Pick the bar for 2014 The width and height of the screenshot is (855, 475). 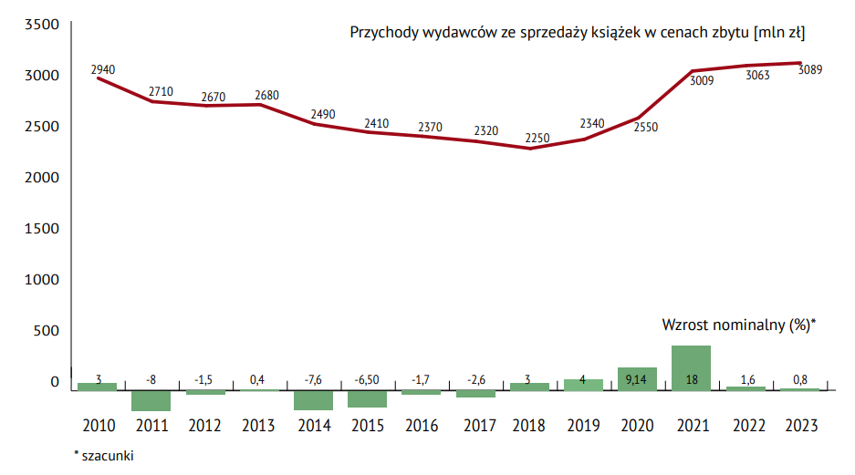313,400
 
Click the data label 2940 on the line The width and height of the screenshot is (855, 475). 103,69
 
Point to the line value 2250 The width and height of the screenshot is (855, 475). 538,139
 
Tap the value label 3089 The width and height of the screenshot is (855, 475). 810,69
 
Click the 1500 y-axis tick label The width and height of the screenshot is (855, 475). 40,228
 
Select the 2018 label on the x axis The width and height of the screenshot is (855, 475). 529,426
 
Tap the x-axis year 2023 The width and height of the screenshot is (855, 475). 799,426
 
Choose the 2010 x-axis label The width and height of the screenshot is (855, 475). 98,426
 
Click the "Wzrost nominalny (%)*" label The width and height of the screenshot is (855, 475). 737,325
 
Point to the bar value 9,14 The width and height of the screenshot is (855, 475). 637,380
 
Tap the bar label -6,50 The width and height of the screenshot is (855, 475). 367,380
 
